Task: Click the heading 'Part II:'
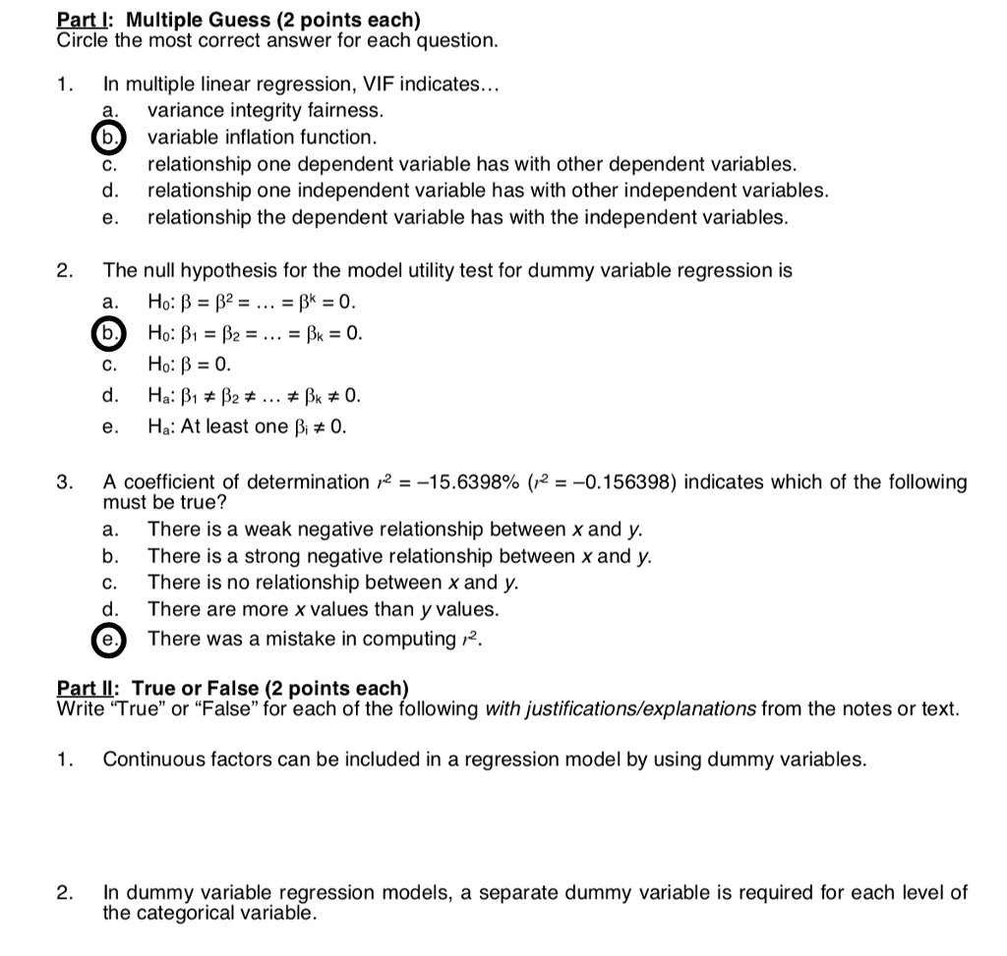[x=90, y=688]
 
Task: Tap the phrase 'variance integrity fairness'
[x=265, y=111]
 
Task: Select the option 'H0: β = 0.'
[x=189, y=366]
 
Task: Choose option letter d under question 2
[x=110, y=397]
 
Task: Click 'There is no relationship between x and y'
[x=332, y=583]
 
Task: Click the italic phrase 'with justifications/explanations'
[x=621, y=708]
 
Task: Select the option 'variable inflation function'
[x=262, y=138]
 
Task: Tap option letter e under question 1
[x=110, y=217]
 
